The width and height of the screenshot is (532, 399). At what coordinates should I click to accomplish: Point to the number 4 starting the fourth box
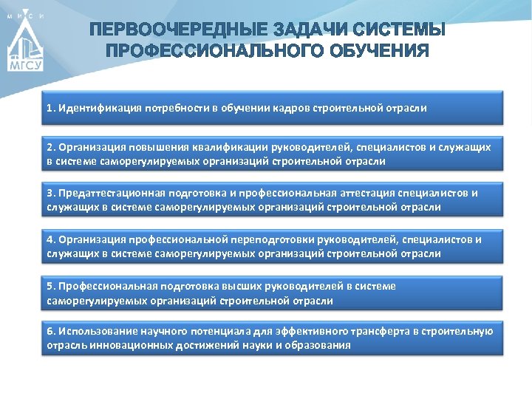[x=50, y=240]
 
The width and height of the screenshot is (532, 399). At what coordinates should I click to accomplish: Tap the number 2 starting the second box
[x=50, y=147]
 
